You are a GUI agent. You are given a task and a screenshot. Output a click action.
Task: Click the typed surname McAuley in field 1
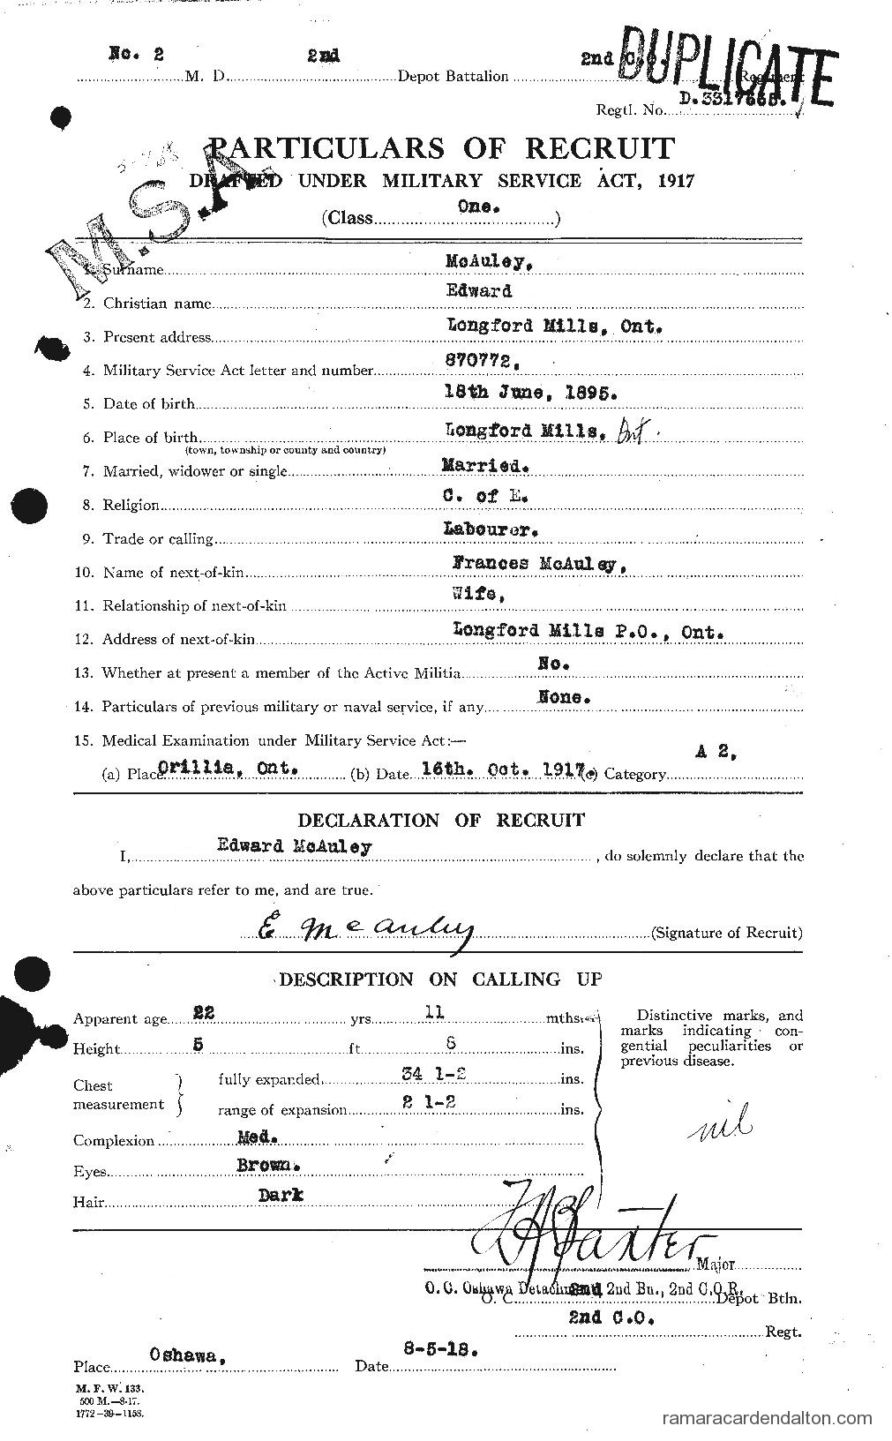483,261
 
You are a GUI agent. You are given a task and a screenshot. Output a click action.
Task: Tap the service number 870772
478,361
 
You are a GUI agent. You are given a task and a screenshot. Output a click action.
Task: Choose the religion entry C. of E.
485,496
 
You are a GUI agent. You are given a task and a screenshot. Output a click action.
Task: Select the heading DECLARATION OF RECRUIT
441,820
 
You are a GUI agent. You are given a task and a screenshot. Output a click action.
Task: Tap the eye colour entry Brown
268,1164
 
